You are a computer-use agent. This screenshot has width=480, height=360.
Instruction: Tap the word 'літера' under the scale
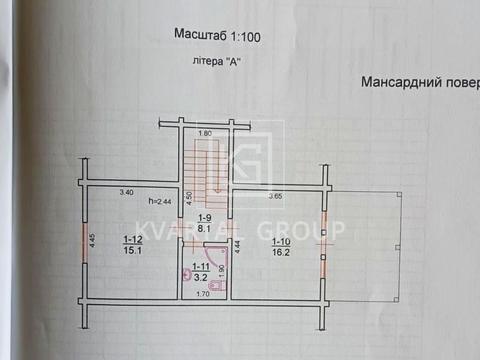tap(204, 60)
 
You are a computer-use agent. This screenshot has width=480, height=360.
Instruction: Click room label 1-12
tap(132, 239)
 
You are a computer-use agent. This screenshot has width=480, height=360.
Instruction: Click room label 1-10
tap(279, 240)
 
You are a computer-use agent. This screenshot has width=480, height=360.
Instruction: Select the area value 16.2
tap(280, 252)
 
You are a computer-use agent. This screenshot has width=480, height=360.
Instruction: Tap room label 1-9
tap(204, 218)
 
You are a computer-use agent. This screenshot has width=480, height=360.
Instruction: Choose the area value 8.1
tap(204, 228)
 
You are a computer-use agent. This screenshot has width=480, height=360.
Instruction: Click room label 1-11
tap(200, 267)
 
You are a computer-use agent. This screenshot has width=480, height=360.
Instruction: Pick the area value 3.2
tap(200, 278)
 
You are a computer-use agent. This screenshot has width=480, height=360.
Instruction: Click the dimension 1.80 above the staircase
tap(205, 133)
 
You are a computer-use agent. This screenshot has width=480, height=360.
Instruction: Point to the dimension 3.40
tap(126, 192)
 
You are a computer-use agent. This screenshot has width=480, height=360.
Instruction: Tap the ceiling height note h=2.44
tap(159, 202)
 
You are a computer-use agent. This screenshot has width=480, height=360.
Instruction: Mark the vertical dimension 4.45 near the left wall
tap(92, 241)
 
